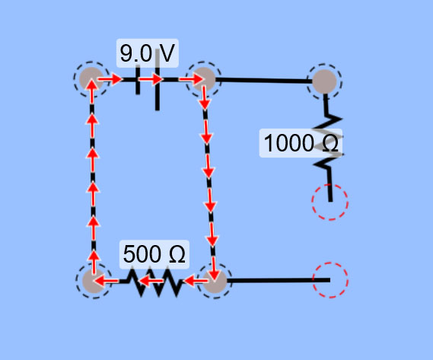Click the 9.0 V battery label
coord(148,53)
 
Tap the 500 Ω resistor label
coord(154,254)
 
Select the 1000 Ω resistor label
coord(301,143)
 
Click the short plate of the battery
coord(138,80)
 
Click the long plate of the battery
coord(157,80)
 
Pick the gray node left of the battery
coord(91,79)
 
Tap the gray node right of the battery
coord(203,79)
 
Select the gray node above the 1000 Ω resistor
coord(324,81)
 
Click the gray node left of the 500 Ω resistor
coord(94,281)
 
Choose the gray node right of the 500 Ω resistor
coord(215,281)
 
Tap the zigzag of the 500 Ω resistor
coord(154,282)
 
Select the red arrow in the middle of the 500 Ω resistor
coord(151,282)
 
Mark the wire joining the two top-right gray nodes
coord(264,81)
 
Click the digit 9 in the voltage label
coord(126,53)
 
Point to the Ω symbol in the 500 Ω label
coord(177,254)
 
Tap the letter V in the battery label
coord(167,53)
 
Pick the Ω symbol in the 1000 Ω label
coord(330,143)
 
